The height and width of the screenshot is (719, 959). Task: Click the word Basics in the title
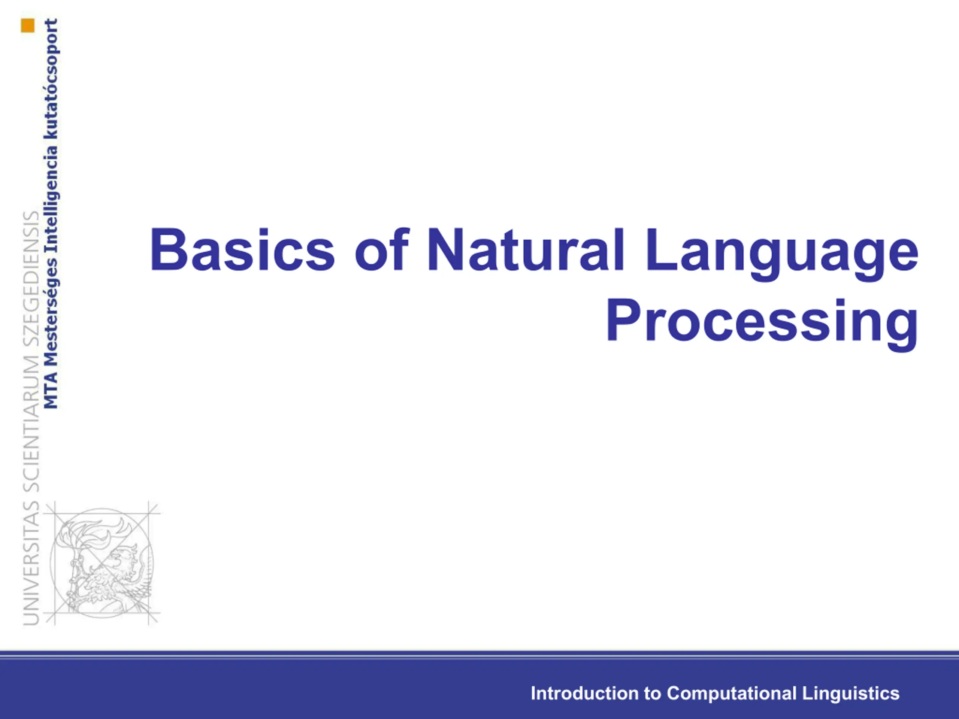coord(242,250)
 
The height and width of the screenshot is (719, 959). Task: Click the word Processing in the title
coord(762,325)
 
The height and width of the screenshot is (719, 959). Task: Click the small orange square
coord(27,25)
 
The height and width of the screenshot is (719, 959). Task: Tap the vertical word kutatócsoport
coord(51,78)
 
